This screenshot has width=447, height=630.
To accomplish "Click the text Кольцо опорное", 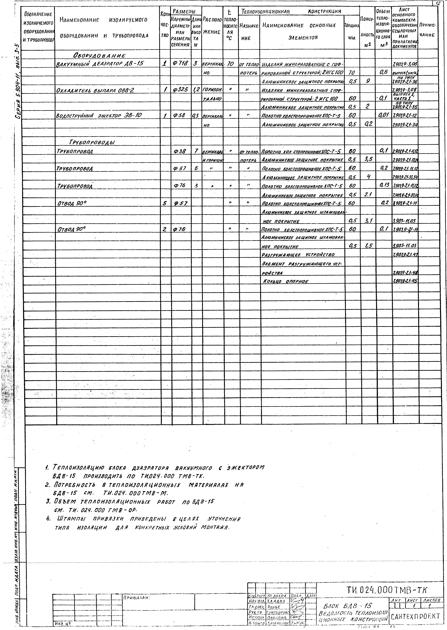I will [x=285, y=281].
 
